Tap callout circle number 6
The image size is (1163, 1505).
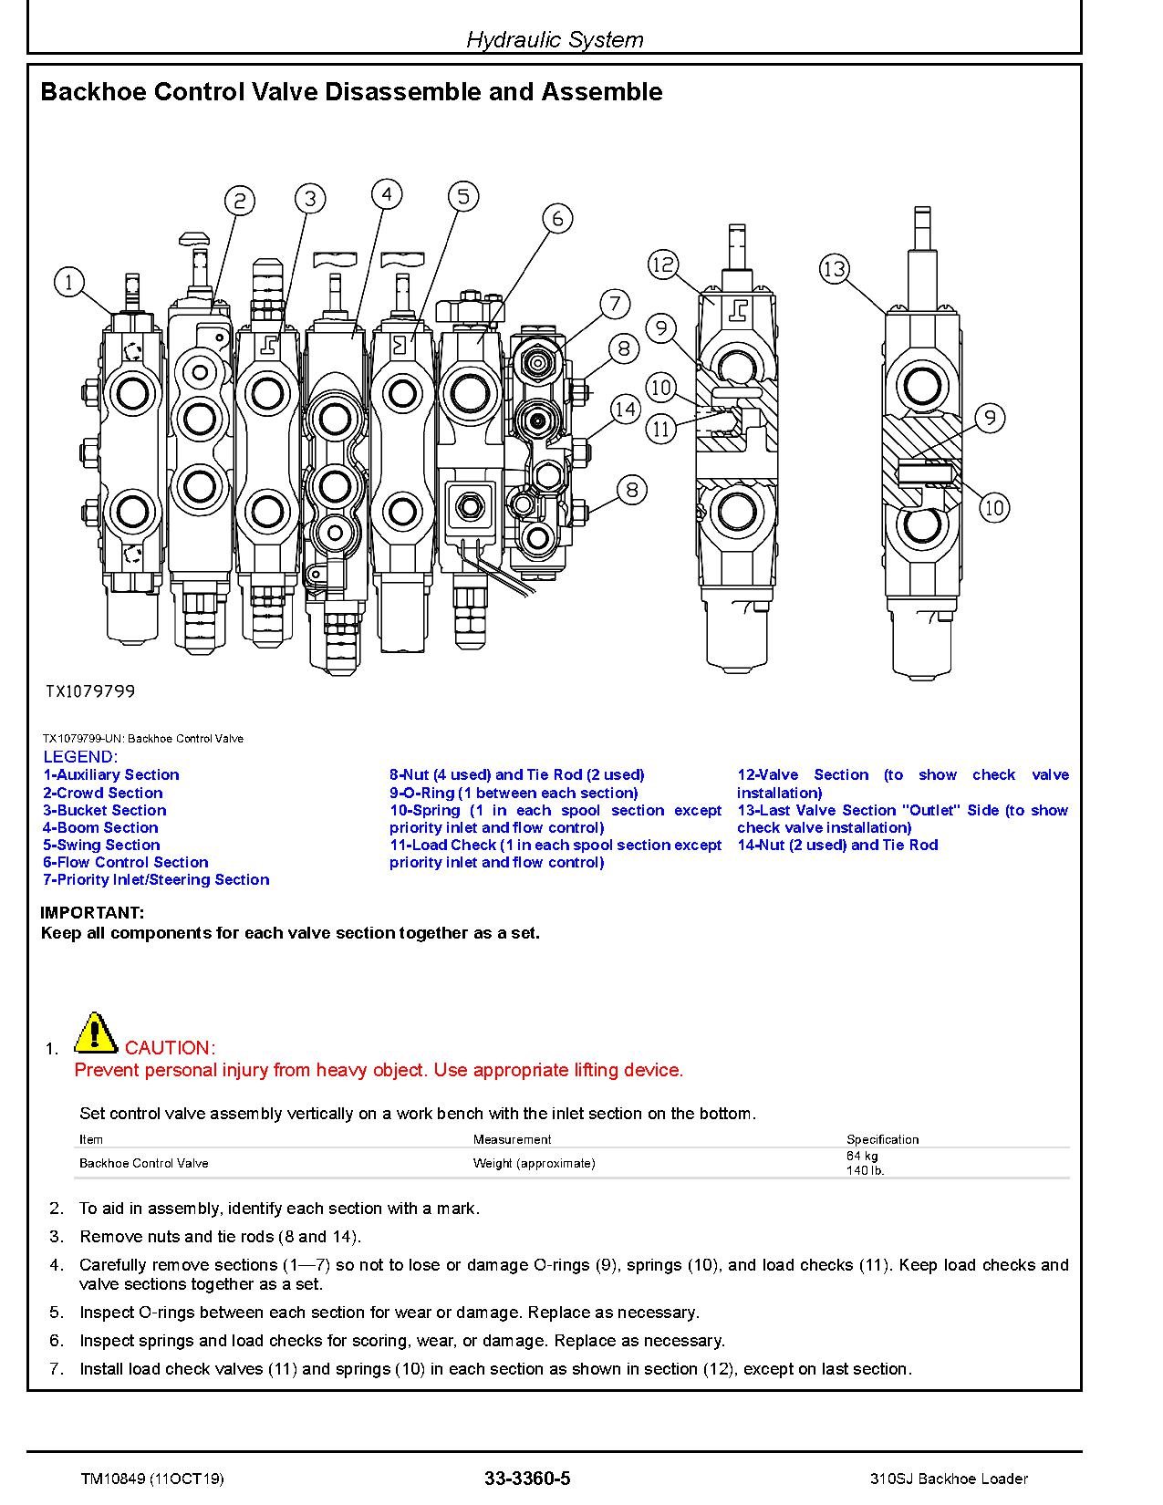557,219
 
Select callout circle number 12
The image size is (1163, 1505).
663,265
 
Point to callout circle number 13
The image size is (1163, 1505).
835,269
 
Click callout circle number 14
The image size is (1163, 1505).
625,410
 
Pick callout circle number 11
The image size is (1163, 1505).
661,428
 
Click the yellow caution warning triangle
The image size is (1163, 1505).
94,1033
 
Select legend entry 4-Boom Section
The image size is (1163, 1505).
100,827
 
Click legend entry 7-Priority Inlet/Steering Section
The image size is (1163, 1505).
156,879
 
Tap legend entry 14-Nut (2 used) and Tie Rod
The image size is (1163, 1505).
837,845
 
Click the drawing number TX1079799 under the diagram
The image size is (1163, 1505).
90,691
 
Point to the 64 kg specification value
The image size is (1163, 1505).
862,1156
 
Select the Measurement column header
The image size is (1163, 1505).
512,1139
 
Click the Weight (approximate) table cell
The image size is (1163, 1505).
534,1163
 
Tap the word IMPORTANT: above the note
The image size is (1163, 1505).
92,912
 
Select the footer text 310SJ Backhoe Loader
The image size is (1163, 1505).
949,1479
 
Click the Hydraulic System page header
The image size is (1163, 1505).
555,39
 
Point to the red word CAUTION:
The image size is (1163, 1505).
170,1048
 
